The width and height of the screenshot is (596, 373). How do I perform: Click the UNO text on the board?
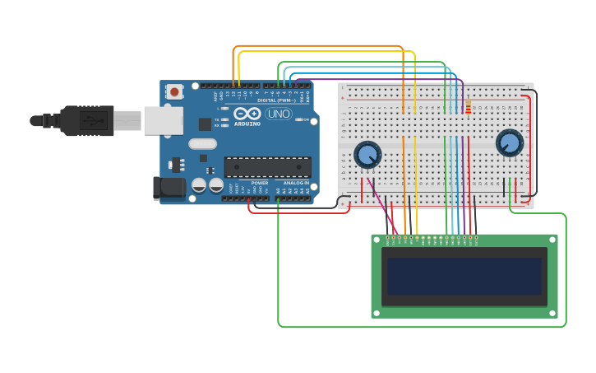pyautogui.click(x=278, y=114)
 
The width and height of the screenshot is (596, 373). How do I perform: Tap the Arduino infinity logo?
pyautogui.click(x=247, y=113)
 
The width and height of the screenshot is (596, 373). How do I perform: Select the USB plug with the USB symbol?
pyautogui.click(x=85, y=120)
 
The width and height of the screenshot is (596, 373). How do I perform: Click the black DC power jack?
pyautogui.click(x=169, y=188)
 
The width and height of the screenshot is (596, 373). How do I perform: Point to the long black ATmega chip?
pyautogui.click(x=267, y=166)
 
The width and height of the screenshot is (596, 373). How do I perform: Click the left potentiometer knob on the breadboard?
pyautogui.click(x=367, y=154)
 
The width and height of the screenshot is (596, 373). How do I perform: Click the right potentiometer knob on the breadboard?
pyautogui.click(x=510, y=143)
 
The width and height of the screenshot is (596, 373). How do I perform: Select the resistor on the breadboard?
pyautogui.click(x=469, y=109)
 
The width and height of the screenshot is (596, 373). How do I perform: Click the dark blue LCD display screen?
pyautogui.click(x=464, y=277)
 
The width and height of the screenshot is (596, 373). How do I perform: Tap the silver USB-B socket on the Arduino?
pyautogui.click(x=163, y=120)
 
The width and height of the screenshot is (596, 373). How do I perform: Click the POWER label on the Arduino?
pyautogui.click(x=260, y=183)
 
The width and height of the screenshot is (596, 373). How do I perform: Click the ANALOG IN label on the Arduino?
pyautogui.click(x=296, y=183)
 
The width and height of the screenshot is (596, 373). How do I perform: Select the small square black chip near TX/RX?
pyautogui.click(x=205, y=124)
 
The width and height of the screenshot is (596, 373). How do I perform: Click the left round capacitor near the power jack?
pyautogui.click(x=199, y=186)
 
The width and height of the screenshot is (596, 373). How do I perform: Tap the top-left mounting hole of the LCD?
pyautogui.click(x=377, y=240)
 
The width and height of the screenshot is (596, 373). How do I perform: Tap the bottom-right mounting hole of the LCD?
pyautogui.click(x=552, y=312)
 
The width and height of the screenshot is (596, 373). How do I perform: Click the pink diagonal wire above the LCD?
pyautogui.click(x=383, y=206)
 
